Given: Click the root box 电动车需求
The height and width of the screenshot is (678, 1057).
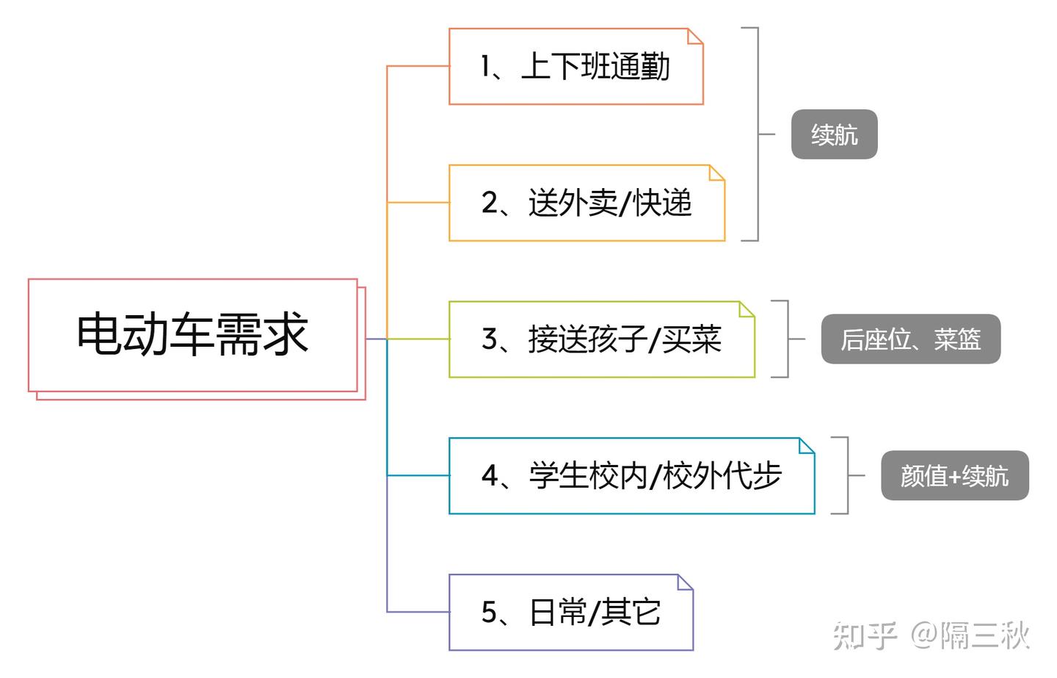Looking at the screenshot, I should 192,335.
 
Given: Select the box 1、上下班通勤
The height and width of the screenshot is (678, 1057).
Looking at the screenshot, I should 575,67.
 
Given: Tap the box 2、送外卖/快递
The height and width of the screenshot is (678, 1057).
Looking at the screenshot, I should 586,203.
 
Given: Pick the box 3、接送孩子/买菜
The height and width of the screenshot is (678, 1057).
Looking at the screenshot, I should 601,339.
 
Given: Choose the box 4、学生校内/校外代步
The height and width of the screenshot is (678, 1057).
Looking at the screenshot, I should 631,476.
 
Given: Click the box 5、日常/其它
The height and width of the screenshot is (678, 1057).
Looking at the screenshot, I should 570,613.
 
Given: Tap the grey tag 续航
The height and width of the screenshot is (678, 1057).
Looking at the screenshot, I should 834,134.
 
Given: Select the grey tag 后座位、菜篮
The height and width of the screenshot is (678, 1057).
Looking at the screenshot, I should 910,339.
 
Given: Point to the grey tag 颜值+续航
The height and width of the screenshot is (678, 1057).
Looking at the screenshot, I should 954,476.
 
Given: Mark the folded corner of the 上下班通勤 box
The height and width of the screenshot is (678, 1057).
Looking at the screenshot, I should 695,36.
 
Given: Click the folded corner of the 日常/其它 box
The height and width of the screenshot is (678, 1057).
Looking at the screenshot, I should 686,582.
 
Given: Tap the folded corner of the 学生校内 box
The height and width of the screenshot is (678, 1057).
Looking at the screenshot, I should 807,445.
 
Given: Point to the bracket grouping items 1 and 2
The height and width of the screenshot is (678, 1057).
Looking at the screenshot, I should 756,134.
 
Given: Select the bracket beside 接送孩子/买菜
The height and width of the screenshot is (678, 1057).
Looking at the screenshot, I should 786,339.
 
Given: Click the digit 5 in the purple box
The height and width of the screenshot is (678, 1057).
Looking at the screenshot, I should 490,613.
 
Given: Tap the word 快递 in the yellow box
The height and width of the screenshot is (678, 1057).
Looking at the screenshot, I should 663,203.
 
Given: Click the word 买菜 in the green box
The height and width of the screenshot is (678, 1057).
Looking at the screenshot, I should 692,339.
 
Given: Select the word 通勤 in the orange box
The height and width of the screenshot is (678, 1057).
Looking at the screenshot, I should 640,67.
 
